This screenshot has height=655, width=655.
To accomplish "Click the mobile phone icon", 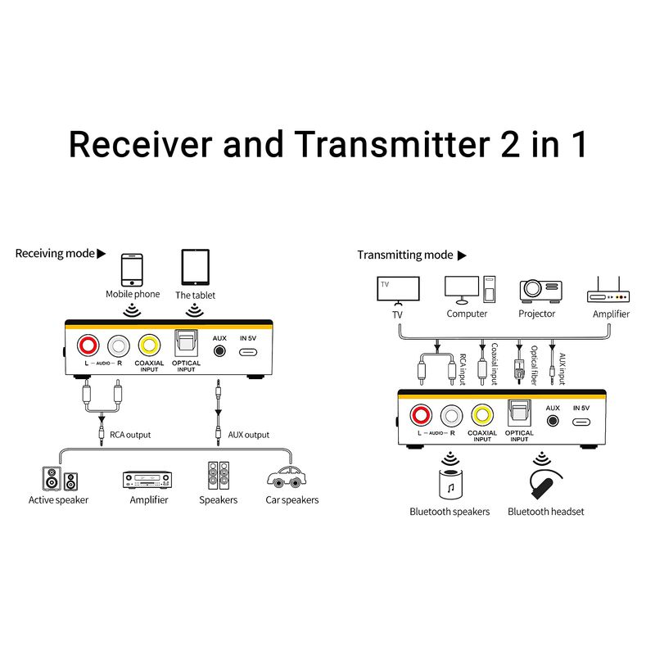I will coord(132,269).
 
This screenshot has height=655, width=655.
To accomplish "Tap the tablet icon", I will coord(195,267).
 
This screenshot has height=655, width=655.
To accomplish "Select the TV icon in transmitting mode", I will coord(398,290).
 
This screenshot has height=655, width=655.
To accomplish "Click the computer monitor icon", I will coord(462,289).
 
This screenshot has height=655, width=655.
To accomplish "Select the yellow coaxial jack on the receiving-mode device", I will coord(149,346).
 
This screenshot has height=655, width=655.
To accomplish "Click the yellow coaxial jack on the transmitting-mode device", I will coord(482,415).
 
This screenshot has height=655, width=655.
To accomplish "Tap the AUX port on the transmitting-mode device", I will coord(553,421).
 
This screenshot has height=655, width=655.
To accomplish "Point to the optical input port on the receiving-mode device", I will coord(187,343).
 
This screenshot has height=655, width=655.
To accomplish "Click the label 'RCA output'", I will coord(130,435).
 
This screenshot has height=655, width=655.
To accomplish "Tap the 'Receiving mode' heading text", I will coord(55,254).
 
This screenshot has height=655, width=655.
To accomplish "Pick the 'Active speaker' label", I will coord(58,499).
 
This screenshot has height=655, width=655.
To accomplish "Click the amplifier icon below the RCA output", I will coord(147,478).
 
